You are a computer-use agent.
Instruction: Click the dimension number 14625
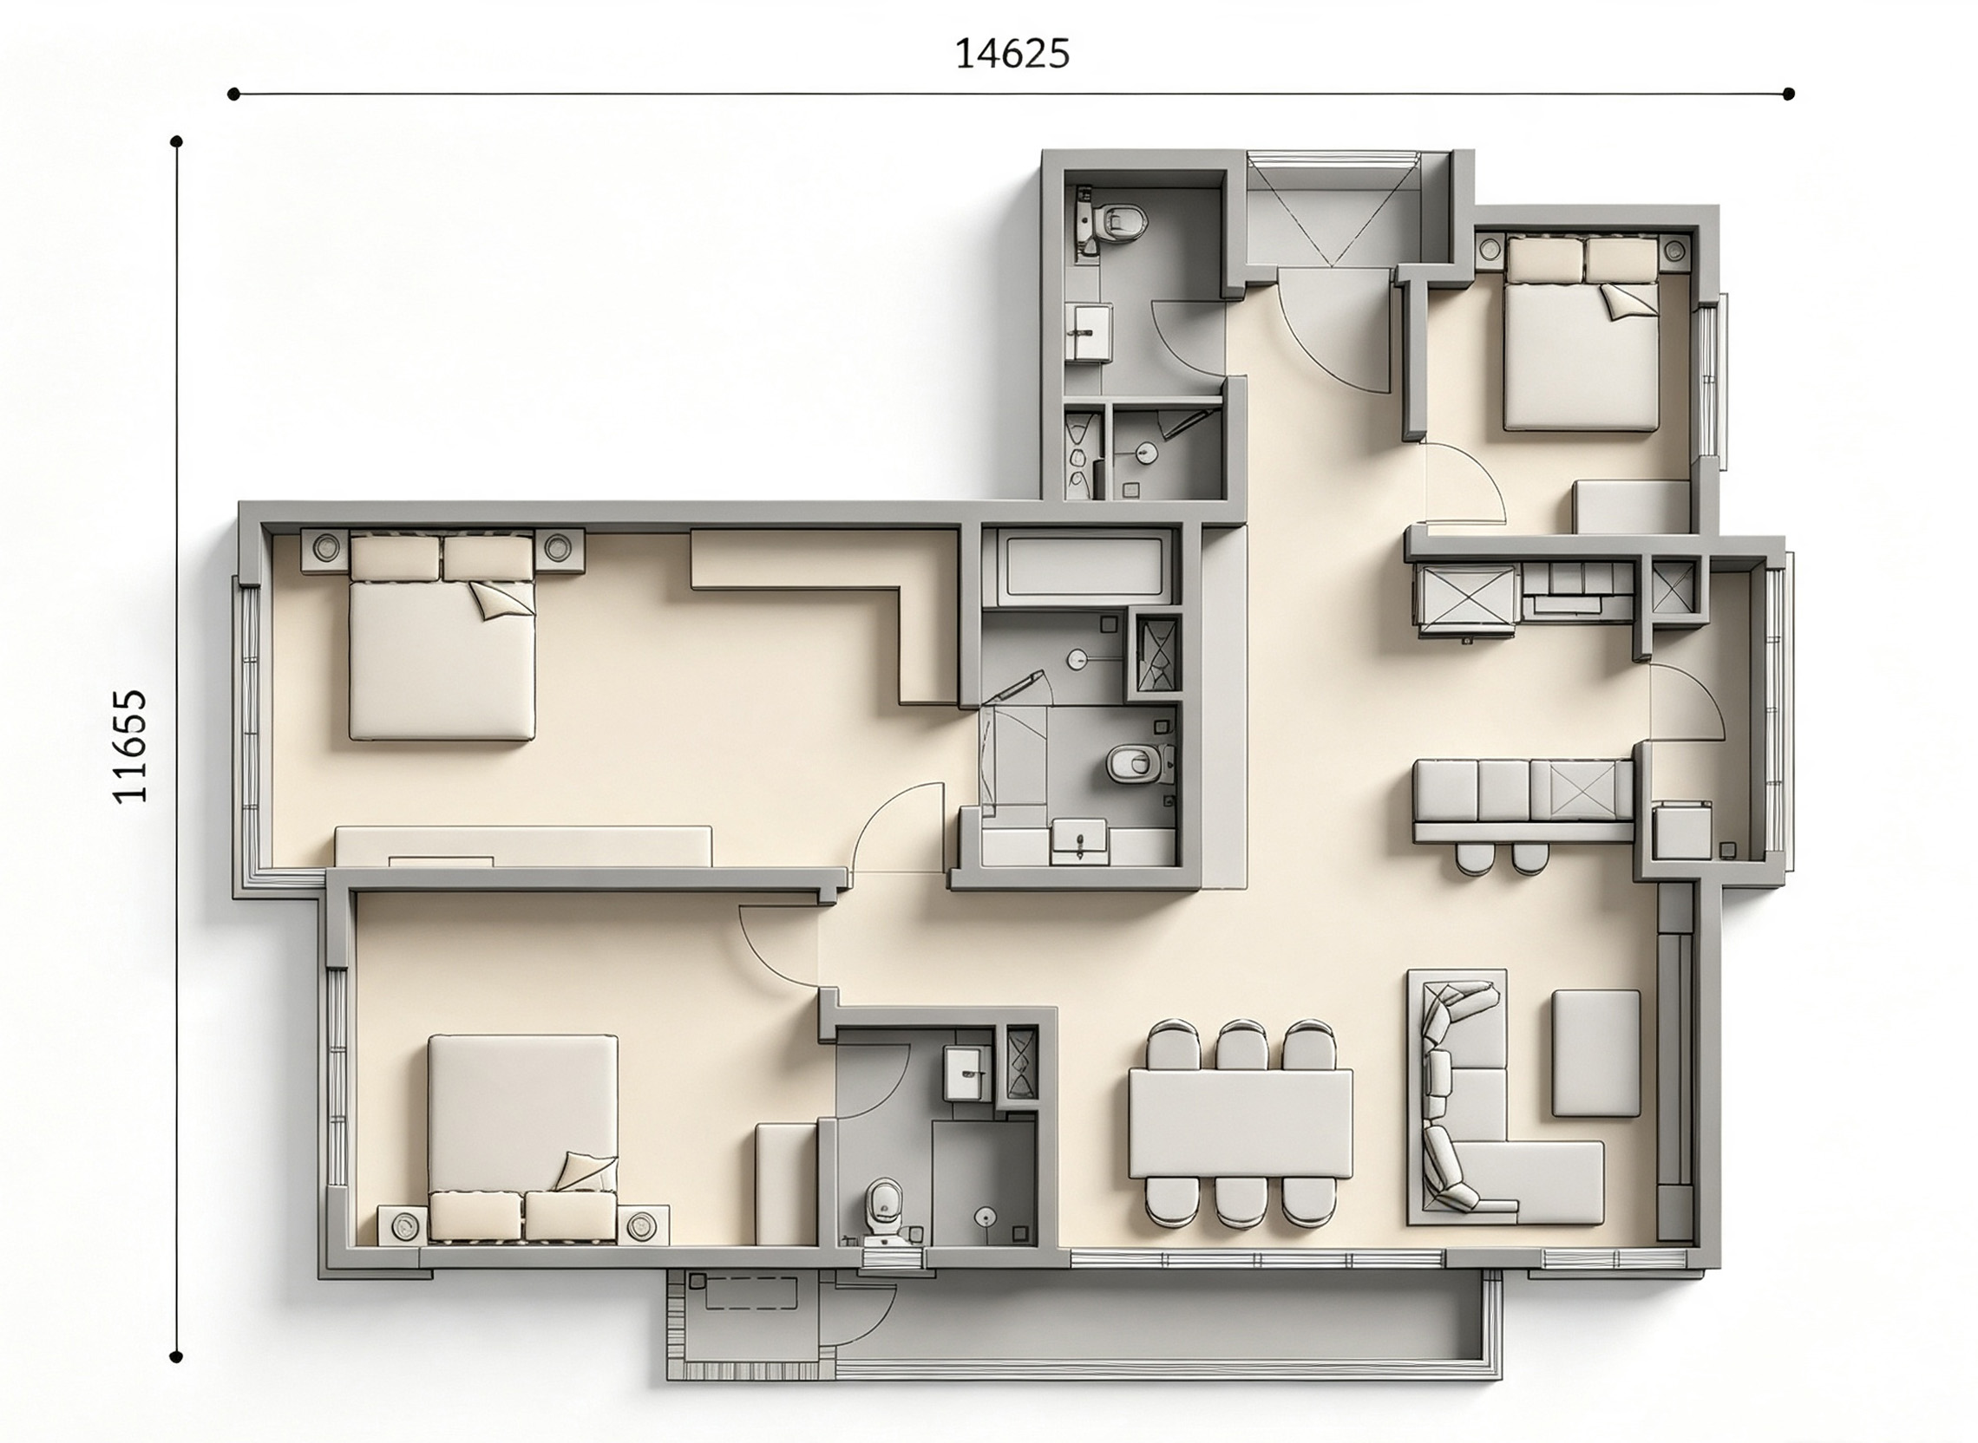tap(1012, 54)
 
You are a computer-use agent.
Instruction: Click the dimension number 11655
tap(130, 746)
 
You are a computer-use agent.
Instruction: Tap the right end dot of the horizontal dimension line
tap(1788, 94)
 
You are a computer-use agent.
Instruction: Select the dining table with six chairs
tap(1240, 1122)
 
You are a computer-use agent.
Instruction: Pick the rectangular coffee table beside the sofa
tap(1595, 1053)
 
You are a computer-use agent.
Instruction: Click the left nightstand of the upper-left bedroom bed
tap(326, 549)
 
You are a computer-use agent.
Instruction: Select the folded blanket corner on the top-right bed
tap(1629, 302)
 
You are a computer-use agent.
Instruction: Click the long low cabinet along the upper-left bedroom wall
tap(523, 846)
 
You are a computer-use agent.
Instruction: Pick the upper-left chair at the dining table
tap(1172, 1045)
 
